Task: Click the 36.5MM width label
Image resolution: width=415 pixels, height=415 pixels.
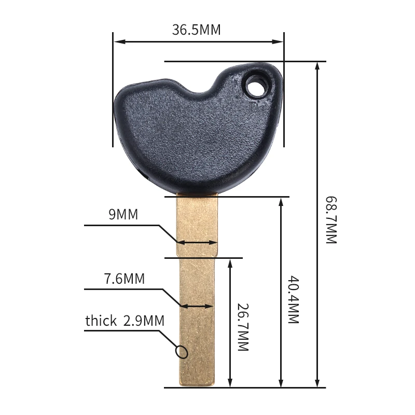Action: click(x=196, y=30)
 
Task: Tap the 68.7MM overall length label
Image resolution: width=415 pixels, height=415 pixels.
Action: click(x=330, y=220)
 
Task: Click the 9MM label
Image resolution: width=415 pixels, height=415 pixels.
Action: click(x=123, y=214)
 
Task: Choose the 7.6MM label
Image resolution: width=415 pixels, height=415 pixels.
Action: click(x=125, y=279)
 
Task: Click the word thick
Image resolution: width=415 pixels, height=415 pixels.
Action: click(x=101, y=321)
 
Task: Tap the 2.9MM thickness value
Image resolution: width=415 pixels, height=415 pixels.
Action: click(x=144, y=321)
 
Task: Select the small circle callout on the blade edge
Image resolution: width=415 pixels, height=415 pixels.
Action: click(x=182, y=352)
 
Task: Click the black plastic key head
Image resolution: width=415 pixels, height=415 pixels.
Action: click(x=192, y=140)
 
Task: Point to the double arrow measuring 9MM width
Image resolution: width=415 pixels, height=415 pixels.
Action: click(x=197, y=242)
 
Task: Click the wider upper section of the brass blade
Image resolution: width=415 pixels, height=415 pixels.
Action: click(x=197, y=223)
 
